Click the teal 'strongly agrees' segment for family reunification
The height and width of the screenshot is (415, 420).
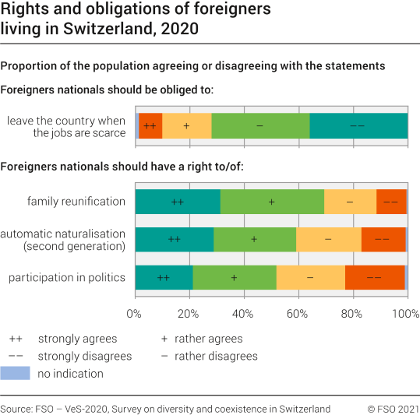tap(177, 202)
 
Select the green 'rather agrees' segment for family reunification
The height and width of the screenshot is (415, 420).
tap(272, 202)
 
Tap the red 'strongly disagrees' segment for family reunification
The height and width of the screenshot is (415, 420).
tap(391, 202)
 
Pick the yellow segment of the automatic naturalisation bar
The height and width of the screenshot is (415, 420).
tap(328, 239)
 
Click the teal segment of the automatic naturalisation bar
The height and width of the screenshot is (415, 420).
tap(174, 239)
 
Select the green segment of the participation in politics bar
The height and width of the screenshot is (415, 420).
tap(234, 277)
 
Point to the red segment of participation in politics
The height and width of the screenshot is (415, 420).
tap(374, 277)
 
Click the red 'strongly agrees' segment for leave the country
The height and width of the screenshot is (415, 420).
tap(150, 126)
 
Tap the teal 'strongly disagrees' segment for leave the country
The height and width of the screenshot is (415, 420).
tap(358, 126)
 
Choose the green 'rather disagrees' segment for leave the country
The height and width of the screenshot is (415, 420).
tap(260, 126)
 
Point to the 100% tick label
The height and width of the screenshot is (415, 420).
tap(404, 315)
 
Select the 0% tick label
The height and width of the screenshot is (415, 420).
tap(135, 315)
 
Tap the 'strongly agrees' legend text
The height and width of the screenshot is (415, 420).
tap(78, 339)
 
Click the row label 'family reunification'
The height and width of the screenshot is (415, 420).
tap(76, 202)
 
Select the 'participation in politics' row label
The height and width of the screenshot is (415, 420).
tap(66, 277)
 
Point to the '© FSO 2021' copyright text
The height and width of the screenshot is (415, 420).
tap(393, 409)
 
